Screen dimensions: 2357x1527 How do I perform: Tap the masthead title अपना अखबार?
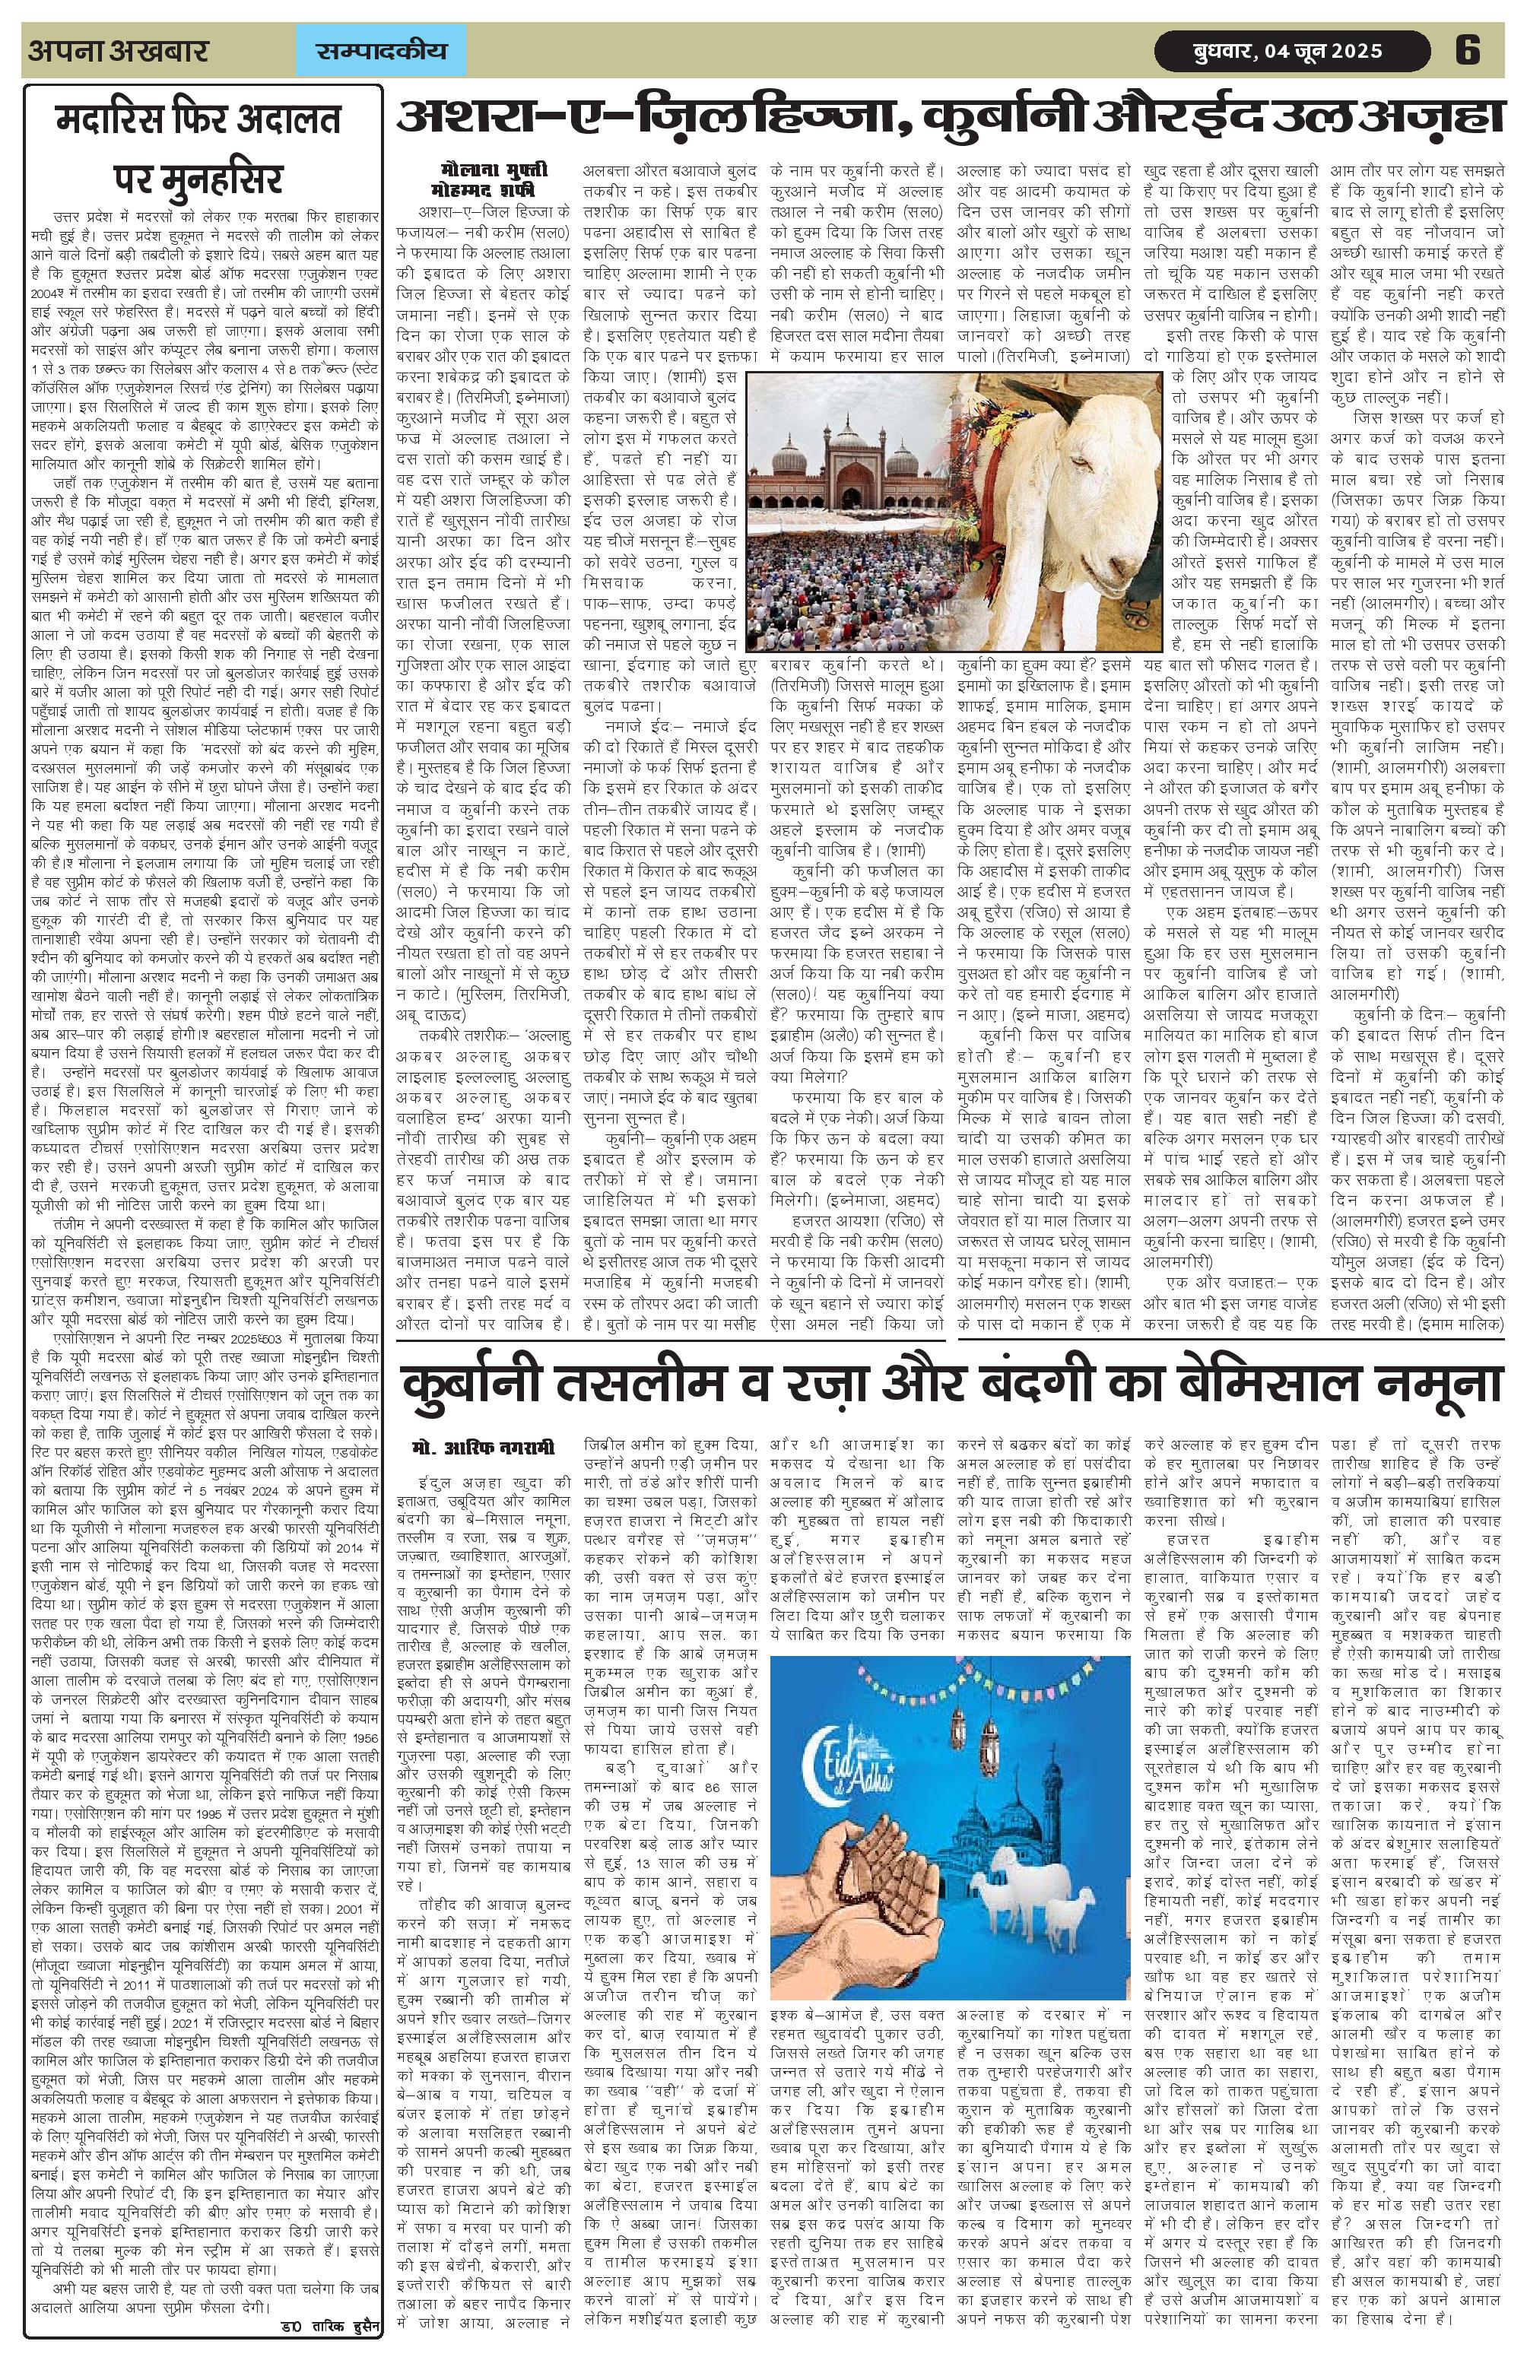coord(118,50)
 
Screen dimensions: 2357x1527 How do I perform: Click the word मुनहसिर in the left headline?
coord(198,180)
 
